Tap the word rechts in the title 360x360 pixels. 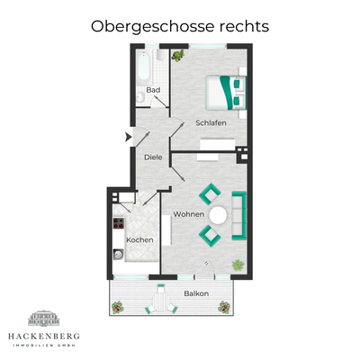pyautogui.click(x=241, y=26)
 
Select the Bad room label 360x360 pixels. pyautogui.click(x=154, y=90)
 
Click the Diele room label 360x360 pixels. pyautogui.click(x=153, y=157)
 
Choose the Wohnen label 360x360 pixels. pyautogui.click(x=188, y=214)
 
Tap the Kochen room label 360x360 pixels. pyautogui.click(x=139, y=239)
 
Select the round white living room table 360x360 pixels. pyautogui.click(x=219, y=216)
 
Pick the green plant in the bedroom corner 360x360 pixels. pyautogui.click(x=177, y=57)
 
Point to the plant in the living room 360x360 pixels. pyautogui.click(x=238, y=265)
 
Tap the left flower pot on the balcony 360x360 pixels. pyautogui.click(x=117, y=307)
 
